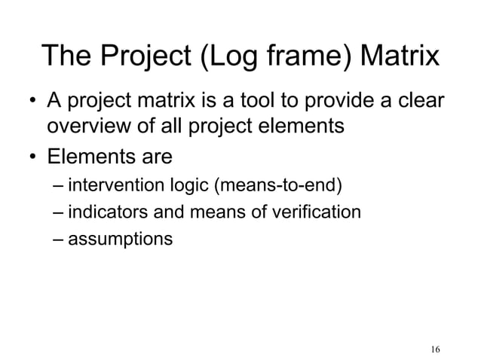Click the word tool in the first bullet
(x=300, y=100)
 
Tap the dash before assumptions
(x=59, y=240)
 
